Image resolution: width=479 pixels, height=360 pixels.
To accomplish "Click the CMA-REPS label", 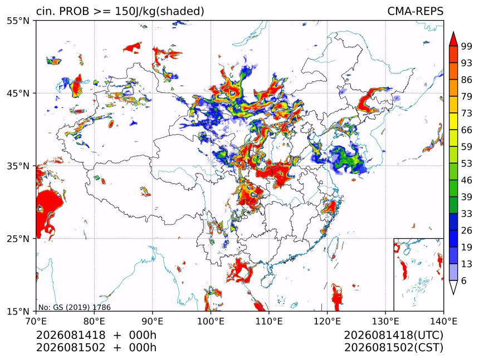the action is point(415,11).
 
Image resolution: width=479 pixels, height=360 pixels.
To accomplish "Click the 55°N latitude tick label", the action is point(18,21).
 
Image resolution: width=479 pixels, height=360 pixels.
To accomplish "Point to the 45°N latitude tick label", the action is point(18,93).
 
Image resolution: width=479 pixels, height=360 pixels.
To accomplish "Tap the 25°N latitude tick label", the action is point(18,238).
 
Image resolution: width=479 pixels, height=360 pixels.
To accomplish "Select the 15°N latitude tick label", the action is point(18,311).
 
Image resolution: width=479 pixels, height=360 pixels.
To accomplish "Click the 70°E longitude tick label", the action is point(36,321).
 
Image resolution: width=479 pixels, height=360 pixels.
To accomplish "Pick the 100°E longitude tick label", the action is point(211,321).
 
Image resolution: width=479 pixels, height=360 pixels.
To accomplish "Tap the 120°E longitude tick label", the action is point(327,321).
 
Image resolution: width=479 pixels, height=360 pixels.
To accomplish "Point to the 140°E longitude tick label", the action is point(443,321).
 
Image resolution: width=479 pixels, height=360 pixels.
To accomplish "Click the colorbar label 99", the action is point(467,47).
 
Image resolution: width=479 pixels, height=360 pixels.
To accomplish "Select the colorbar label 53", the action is point(467,164).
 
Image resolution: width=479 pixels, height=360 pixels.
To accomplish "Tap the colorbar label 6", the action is point(464,281).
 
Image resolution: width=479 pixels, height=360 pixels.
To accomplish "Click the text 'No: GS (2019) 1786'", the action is point(74,307).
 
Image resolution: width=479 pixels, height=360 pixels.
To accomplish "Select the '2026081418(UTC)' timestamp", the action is point(393,335).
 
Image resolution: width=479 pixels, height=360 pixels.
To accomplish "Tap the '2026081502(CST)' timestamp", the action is point(393,348).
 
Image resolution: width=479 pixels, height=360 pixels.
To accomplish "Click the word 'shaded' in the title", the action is point(180,11).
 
